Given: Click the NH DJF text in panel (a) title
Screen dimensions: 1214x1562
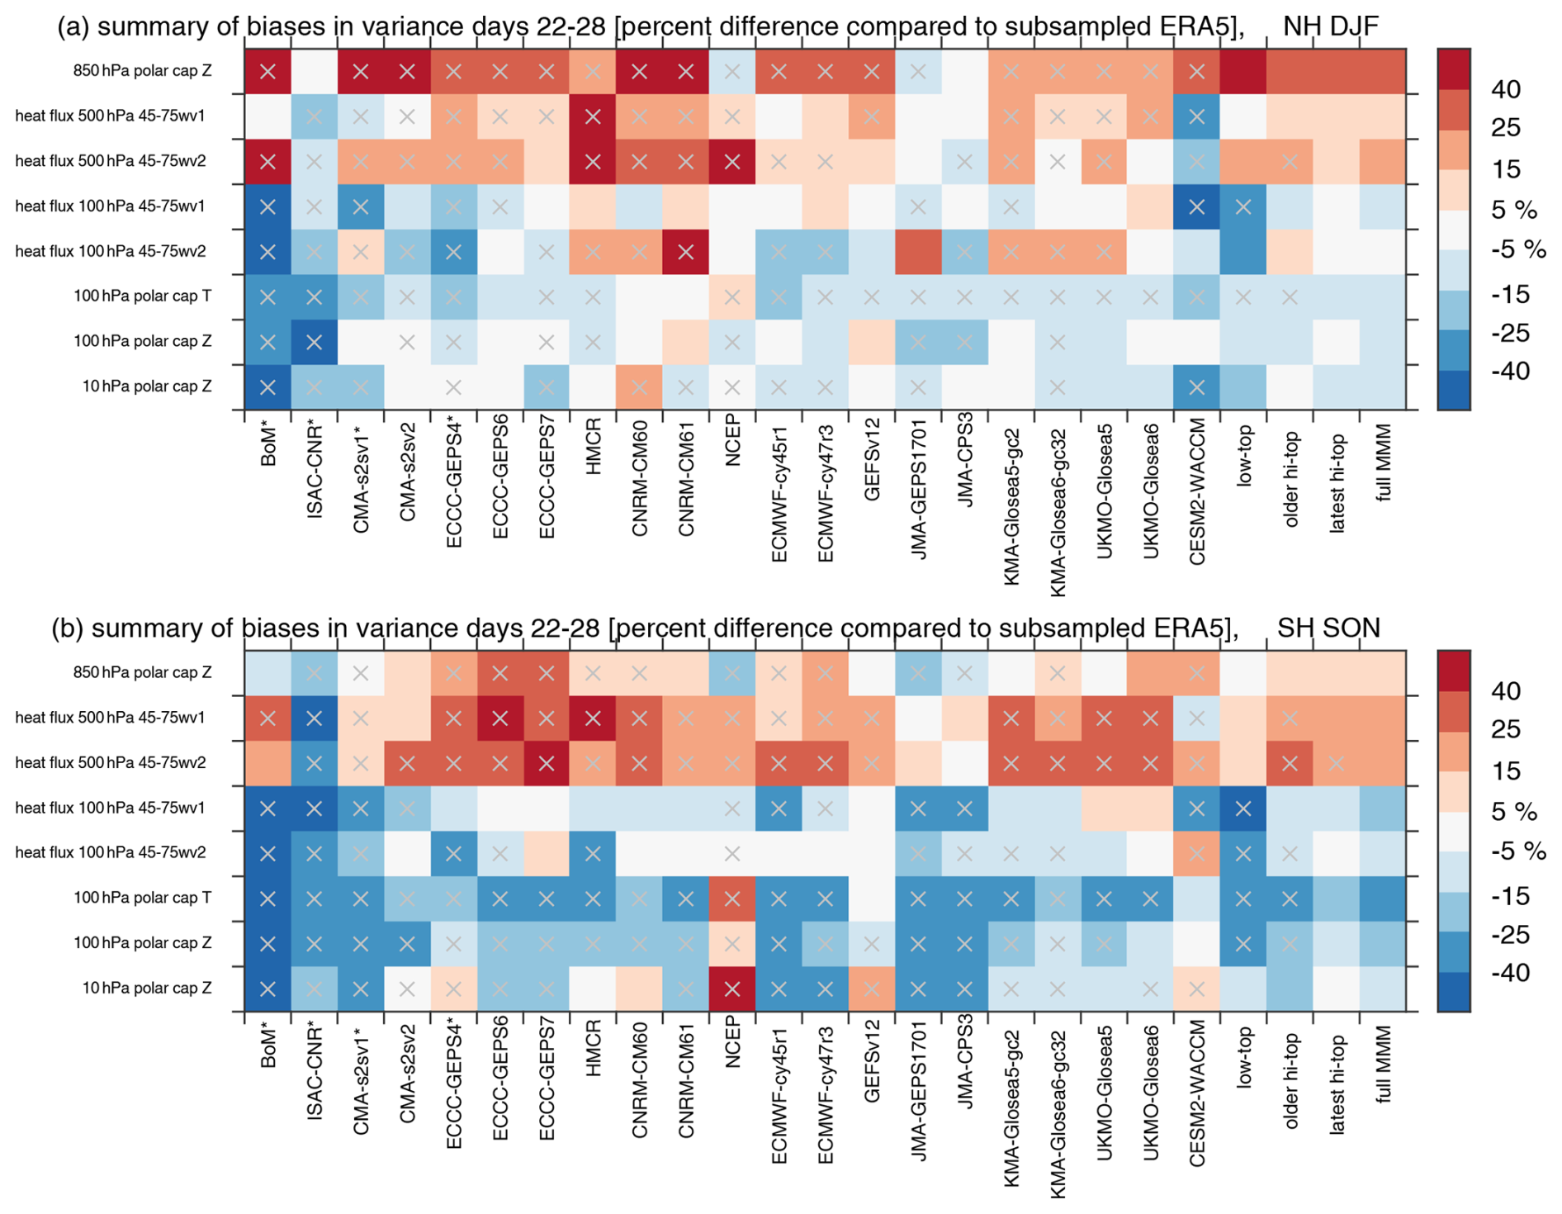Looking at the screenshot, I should (1330, 26).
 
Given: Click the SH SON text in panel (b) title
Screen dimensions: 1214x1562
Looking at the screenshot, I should (1328, 628).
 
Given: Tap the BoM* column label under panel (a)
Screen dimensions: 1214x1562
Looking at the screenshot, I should (268, 445).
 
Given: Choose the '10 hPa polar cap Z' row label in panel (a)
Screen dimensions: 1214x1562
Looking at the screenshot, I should (147, 386).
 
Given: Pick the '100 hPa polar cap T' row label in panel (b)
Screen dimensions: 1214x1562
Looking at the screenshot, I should (142, 898).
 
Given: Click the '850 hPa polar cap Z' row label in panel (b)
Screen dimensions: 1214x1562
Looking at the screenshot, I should (142, 672).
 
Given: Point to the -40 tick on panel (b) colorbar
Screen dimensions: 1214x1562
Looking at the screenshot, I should (1510, 973).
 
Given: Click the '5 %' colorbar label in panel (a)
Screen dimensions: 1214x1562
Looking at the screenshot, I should (1513, 210).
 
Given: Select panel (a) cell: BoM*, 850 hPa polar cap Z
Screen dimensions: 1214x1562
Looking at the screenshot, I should (267, 71).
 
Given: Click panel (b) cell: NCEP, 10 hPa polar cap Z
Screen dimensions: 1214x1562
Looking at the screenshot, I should (732, 989).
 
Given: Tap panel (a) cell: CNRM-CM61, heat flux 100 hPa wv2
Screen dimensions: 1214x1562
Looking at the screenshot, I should (685, 252).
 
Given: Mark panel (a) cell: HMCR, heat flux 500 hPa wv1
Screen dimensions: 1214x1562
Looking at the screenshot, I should (592, 116).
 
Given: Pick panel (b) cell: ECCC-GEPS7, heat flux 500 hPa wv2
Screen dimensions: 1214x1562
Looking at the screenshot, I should (546, 763).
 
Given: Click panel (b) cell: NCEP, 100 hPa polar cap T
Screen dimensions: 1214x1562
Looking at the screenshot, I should (732, 899).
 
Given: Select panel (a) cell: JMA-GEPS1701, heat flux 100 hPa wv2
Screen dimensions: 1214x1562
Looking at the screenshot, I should (918, 252).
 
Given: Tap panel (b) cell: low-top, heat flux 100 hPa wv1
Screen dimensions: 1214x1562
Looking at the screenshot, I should (1243, 809).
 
